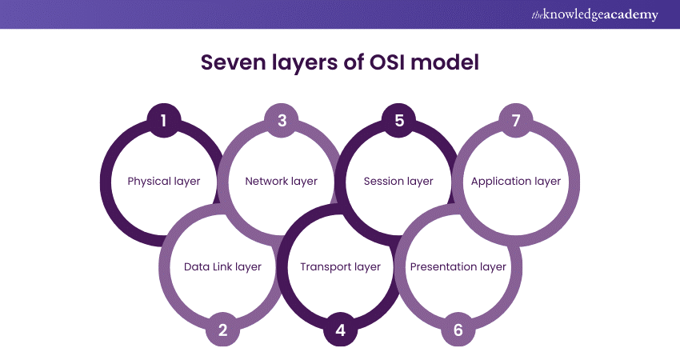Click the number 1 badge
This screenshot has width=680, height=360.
pos(164,121)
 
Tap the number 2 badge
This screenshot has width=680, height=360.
pos(222,329)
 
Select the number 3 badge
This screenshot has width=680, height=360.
pos(282,121)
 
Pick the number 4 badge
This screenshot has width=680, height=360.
pos(340,329)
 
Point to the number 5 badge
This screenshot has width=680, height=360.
pos(399,121)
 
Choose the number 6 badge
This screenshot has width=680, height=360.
pos(458,329)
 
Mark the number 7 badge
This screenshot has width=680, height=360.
pos(516,121)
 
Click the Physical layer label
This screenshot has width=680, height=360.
pos(164,182)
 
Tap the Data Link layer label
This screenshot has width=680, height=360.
pos(222,266)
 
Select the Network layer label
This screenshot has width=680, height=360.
pos(282,182)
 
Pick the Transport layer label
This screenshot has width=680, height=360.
pos(340,266)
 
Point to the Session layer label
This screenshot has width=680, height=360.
pos(398,182)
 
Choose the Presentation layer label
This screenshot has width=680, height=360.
pos(458,266)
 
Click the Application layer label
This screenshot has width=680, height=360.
pos(516,182)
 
